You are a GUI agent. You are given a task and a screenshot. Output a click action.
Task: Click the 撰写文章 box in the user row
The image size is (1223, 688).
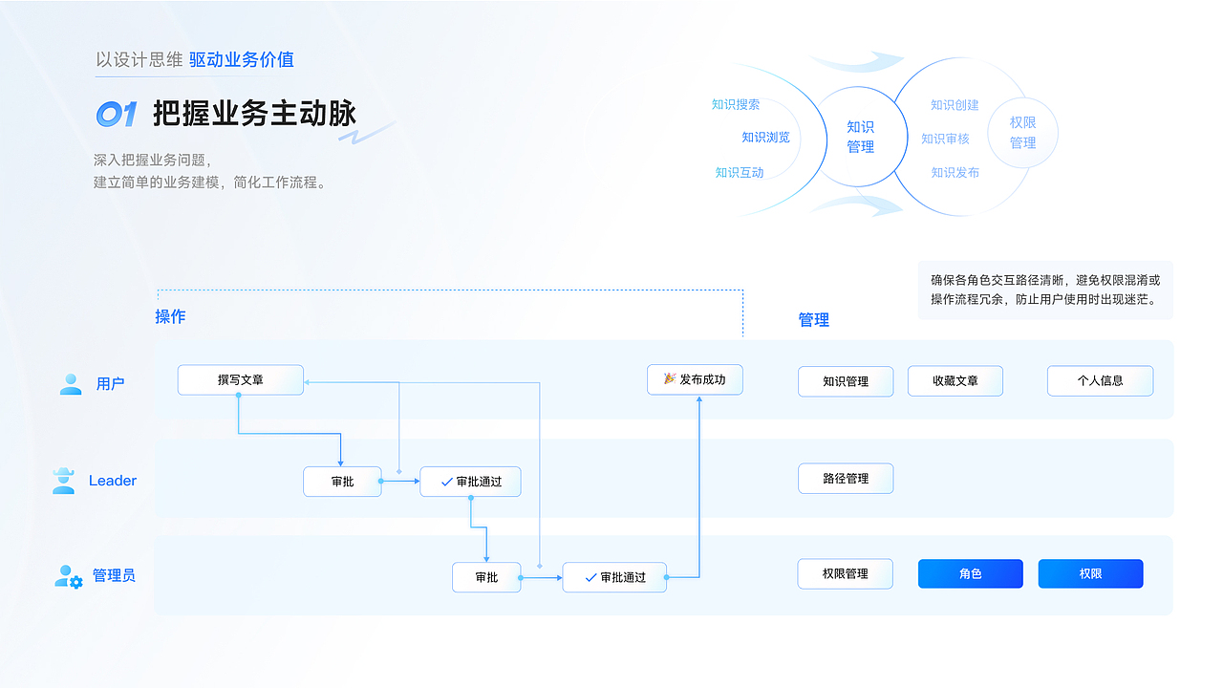pos(241,379)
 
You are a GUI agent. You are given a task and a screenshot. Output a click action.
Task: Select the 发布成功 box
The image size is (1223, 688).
pos(695,379)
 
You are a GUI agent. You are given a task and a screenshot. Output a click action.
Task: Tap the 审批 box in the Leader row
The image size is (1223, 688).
pos(342,482)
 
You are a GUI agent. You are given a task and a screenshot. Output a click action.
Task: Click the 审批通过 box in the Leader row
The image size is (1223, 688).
pos(470,482)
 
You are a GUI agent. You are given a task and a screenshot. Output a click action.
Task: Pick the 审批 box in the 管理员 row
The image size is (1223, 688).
pos(486,577)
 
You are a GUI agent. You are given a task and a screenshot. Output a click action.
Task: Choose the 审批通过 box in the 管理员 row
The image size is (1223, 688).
pos(614,577)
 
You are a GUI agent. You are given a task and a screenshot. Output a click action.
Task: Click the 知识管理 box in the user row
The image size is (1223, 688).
pos(846,381)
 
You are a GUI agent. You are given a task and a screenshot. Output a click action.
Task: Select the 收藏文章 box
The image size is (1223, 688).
pos(955,381)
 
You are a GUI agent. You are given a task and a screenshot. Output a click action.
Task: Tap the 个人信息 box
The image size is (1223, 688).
pos(1100,380)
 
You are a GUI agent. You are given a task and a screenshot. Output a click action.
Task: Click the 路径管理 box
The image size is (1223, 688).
pos(846,479)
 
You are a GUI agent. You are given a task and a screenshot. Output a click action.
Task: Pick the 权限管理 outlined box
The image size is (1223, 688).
pos(846,573)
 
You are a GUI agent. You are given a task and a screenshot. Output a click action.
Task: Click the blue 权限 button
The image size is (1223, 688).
pos(1090,573)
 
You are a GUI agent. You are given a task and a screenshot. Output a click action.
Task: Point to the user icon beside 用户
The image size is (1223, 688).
pos(71,384)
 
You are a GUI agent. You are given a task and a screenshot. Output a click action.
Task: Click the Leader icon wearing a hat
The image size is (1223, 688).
pos(64,481)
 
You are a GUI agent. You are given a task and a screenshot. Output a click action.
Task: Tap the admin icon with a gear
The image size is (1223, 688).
pos(68,576)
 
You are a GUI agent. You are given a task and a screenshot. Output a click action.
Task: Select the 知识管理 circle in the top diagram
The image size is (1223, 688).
pos(860,137)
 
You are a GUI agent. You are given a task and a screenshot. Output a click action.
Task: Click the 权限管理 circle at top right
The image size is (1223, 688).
pos(1022,133)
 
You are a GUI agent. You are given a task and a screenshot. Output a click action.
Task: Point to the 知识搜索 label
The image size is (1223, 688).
pos(736,104)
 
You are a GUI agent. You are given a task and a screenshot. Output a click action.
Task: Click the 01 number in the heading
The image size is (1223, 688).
pos(118,114)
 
